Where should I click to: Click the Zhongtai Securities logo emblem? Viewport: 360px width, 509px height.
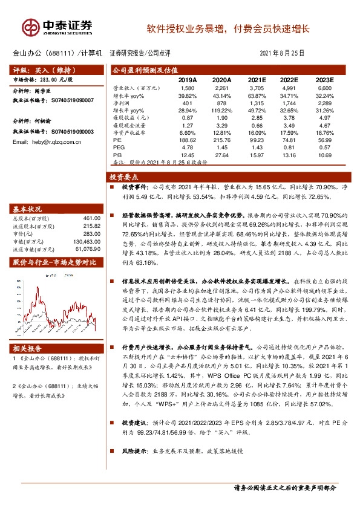pos(29,27)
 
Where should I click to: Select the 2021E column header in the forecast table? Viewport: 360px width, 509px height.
pos(257,79)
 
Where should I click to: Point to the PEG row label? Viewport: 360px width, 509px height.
pos(119,148)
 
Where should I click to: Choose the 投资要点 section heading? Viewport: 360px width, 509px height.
pos(123,177)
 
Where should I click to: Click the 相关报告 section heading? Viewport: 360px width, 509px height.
pos(28,348)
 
